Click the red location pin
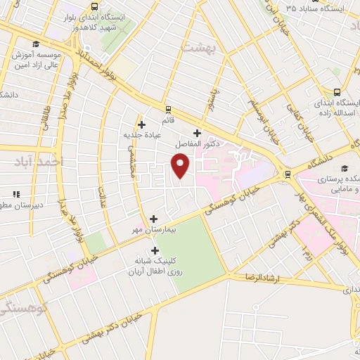181,166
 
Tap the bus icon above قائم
167,109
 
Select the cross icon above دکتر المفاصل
197,133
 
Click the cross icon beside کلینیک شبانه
155,250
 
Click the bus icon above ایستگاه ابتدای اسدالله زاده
337,92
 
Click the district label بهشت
197,47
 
